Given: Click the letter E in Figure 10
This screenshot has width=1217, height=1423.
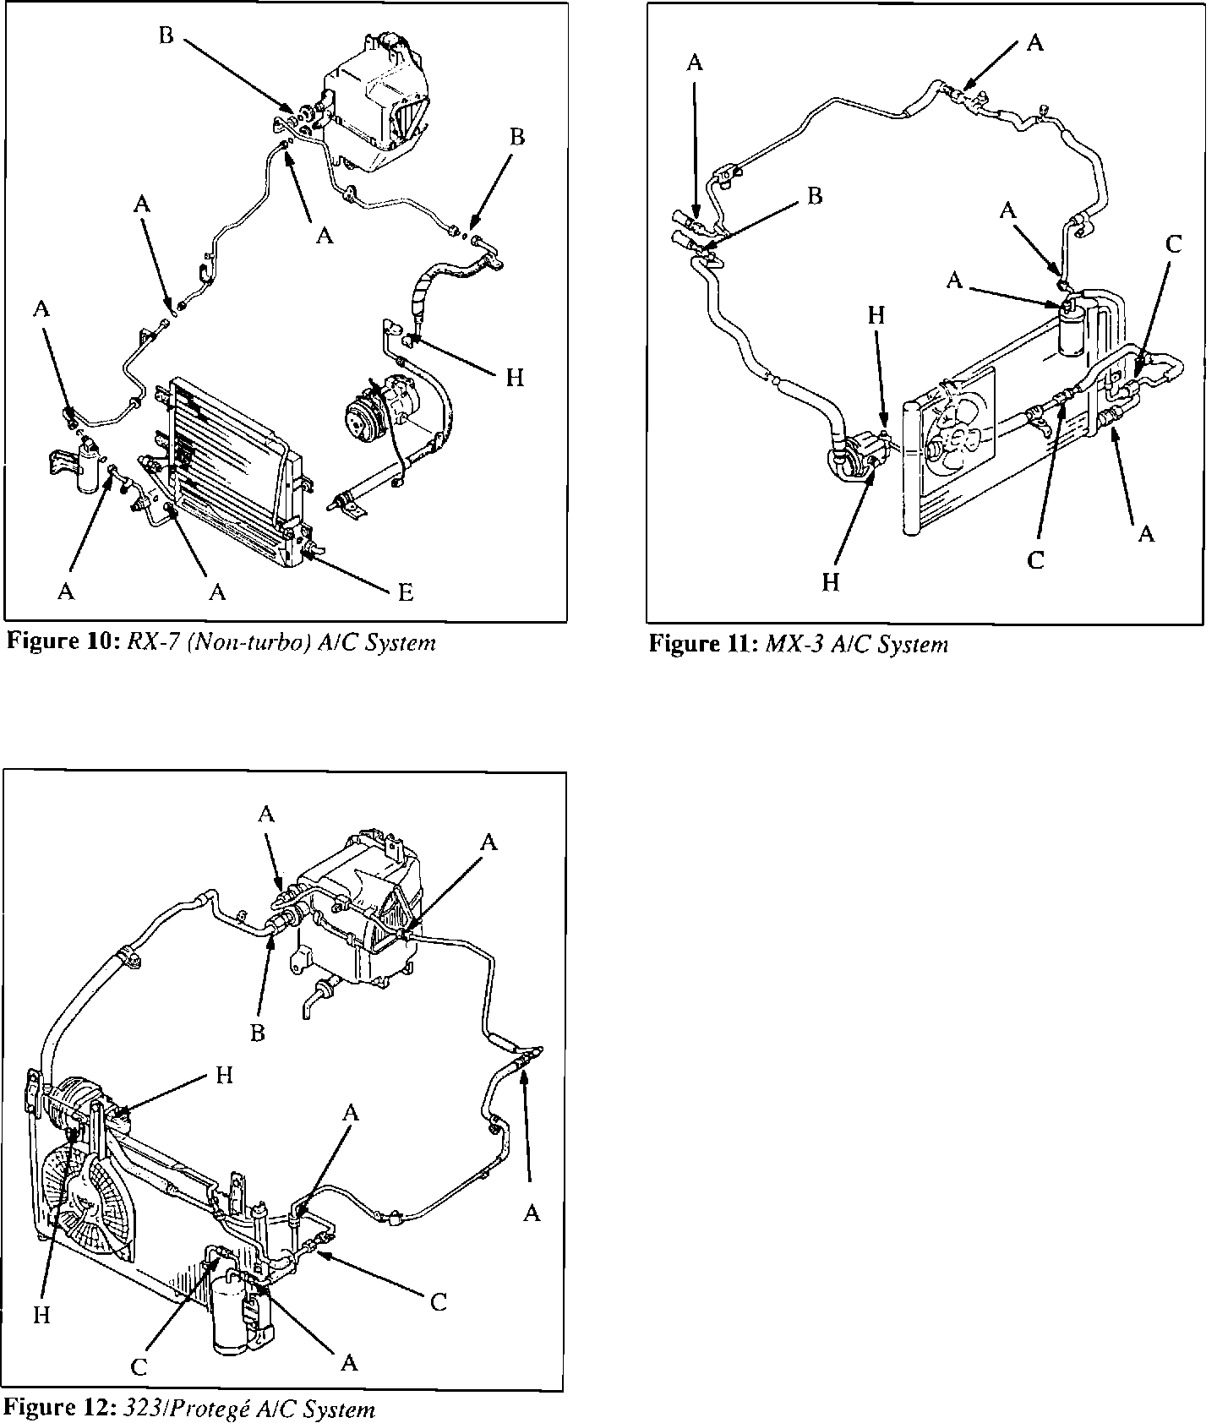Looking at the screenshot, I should pyautogui.click(x=406, y=592).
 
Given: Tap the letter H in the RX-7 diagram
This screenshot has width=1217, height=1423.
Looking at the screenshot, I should pyautogui.click(x=515, y=378).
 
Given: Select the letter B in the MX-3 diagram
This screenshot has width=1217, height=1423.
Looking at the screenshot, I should pyautogui.click(x=814, y=196).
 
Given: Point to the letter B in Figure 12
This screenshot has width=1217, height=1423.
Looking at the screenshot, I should pyautogui.click(x=258, y=1033).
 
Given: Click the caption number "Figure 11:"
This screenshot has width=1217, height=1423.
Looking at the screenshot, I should pyautogui.click(x=703, y=645).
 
